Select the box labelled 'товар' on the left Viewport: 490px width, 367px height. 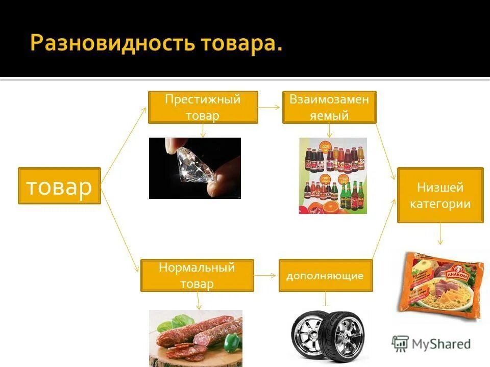click(59, 186)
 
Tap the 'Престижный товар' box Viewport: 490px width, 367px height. click(203, 107)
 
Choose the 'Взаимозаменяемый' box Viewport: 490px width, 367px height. click(329, 107)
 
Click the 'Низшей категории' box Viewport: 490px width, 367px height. click(440, 195)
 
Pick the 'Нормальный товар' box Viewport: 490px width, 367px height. click(197, 275)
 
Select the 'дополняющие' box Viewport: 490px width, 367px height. click(325, 276)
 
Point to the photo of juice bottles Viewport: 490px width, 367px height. click(332, 175)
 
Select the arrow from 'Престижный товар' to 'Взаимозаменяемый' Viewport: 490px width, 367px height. click(270, 108)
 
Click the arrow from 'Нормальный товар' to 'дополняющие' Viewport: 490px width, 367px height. click(266, 275)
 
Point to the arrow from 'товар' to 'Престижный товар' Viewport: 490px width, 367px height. click(124, 138)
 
